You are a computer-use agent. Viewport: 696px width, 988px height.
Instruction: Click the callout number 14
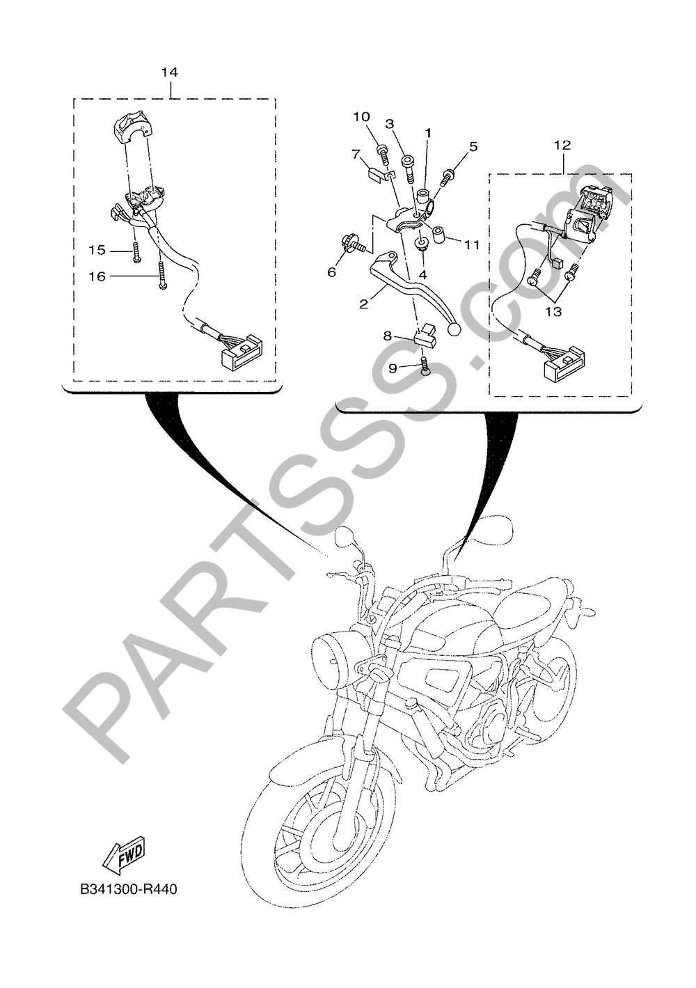click(x=169, y=72)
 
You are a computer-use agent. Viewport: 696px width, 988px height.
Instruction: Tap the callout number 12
click(x=563, y=145)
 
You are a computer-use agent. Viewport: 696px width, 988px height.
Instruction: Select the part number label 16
click(x=97, y=276)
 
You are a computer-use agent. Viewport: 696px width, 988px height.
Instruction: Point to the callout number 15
click(x=97, y=250)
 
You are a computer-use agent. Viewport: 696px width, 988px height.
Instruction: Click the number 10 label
click(x=361, y=117)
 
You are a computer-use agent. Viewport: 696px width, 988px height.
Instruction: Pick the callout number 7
click(x=355, y=154)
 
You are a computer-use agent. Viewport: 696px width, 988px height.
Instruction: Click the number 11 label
click(x=471, y=244)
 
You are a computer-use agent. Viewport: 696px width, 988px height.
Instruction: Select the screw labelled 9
click(x=425, y=366)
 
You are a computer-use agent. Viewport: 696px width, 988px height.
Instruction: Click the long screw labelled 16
click(x=162, y=275)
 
